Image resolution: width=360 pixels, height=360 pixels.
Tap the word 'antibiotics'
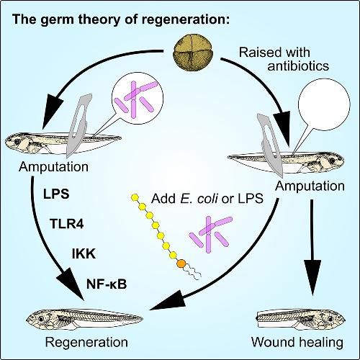pos(298,66)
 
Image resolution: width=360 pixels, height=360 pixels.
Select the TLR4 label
pos(67,224)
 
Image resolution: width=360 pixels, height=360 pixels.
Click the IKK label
pos(84,253)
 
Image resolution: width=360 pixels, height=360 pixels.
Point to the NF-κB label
pos(107,284)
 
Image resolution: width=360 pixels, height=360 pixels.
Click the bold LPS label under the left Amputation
pos(56,194)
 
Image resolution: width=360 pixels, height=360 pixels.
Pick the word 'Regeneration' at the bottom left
pos(86,342)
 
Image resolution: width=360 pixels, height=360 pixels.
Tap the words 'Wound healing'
pos(297,342)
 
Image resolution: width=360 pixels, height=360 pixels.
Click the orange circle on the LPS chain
pos(181,264)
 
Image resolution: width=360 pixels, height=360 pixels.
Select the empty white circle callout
pos(324,104)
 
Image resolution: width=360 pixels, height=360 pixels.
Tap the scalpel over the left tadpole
pos(76,125)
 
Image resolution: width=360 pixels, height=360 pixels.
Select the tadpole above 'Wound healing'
pos(301,319)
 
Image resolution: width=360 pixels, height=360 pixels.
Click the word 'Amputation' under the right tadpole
pos(310,186)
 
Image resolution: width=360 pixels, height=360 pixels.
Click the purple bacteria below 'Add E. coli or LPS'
pos(211,234)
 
